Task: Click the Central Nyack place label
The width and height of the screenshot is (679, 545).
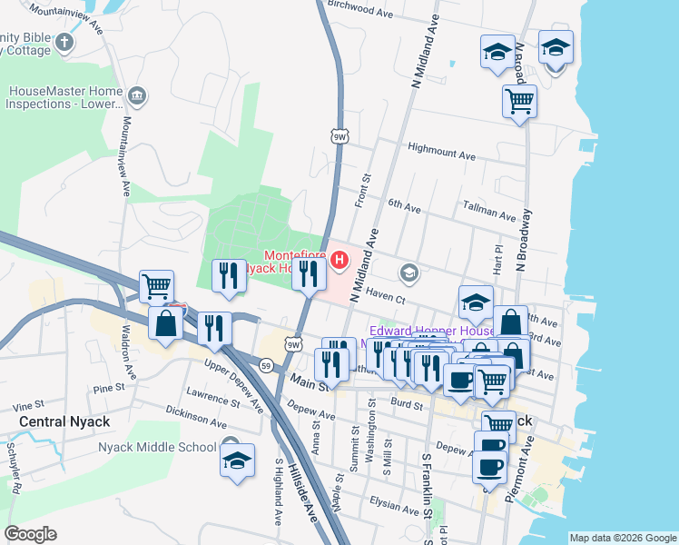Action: click(x=64, y=421)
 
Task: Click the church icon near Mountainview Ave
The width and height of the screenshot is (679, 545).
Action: click(x=64, y=42)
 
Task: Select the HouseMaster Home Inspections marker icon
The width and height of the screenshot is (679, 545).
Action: click(x=136, y=96)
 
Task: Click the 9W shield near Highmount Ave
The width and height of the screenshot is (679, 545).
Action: click(x=339, y=136)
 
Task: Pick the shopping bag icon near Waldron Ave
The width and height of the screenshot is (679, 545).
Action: click(x=166, y=323)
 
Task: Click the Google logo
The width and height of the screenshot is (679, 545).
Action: click(x=31, y=534)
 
